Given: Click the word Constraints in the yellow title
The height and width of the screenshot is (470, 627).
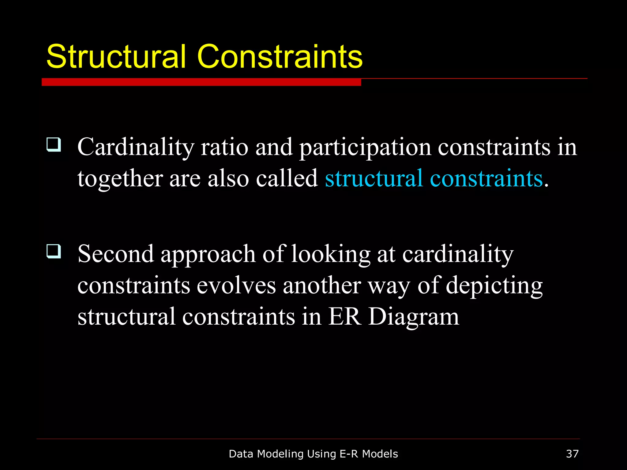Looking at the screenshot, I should [x=280, y=57].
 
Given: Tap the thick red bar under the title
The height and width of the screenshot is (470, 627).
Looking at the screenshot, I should [x=201, y=82].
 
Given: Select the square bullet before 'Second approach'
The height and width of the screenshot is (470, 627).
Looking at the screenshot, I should [x=54, y=251].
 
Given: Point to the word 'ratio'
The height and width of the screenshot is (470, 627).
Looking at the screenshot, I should [x=224, y=147].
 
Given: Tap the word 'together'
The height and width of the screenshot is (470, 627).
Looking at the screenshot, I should [x=120, y=179].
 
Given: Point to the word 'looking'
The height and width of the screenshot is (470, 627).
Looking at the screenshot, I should [x=330, y=255].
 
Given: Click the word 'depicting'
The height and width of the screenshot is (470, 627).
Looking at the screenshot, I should [x=494, y=286].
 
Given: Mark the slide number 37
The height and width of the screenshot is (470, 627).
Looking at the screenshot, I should [x=572, y=454].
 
